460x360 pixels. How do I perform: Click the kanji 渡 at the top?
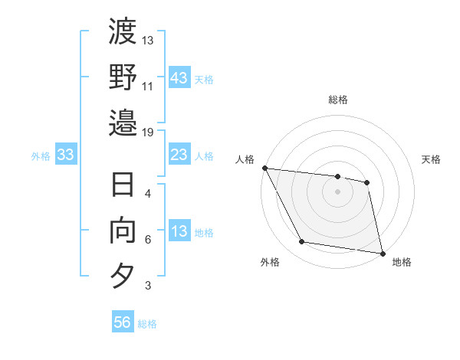(123, 33)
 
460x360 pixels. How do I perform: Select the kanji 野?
(123, 77)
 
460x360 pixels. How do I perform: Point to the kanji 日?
(123, 186)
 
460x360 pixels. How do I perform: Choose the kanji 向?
(123, 230)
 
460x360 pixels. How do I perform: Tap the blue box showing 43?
(179, 77)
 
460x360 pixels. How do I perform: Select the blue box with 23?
(179, 155)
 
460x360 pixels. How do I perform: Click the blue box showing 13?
(179, 231)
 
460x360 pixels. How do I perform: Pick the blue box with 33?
(66, 155)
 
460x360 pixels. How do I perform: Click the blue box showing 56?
(123, 323)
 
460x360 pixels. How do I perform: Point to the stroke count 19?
(149, 132)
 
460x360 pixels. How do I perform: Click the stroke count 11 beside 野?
(149, 87)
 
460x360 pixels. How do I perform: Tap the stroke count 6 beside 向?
(148, 240)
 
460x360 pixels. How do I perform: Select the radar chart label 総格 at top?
(337, 100)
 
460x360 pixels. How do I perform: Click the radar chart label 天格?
(431, 159)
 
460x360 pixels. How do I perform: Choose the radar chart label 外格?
(270, 263)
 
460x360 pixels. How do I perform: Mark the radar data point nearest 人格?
(264, 168)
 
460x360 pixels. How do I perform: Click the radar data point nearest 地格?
(382, 252)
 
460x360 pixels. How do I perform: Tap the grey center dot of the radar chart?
(337, 191)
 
